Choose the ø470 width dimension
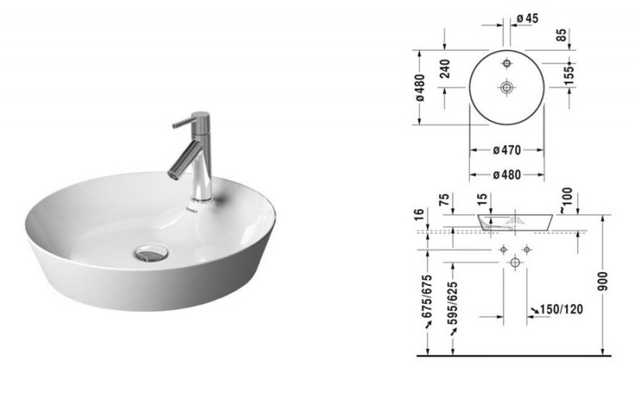(506, 149)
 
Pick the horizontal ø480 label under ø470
(506, 175)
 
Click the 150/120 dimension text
(558, 307)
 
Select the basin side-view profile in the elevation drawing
(515, 220)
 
